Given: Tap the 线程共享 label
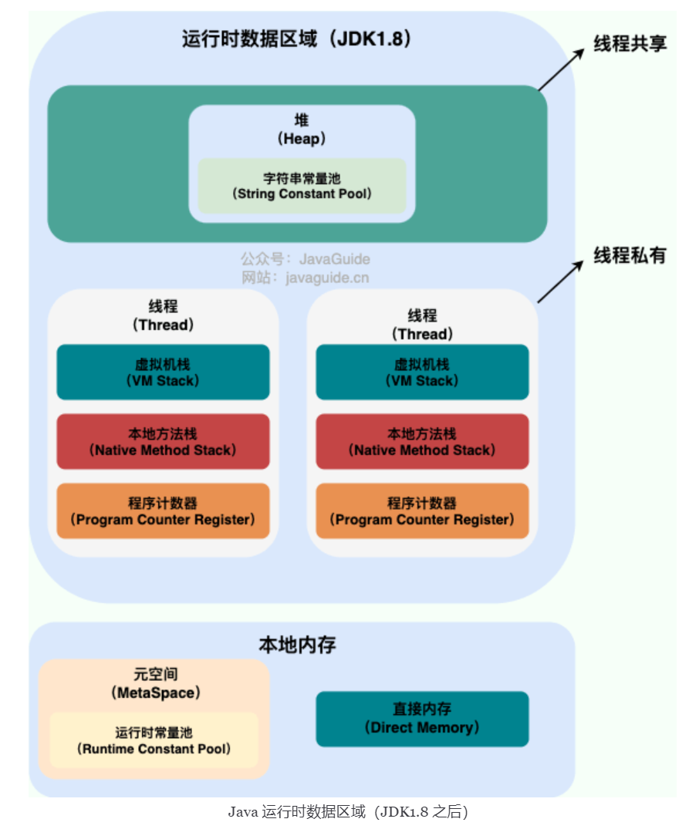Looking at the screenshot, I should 630,43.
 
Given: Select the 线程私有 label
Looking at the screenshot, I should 630,256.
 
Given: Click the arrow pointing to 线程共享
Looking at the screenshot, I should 562,68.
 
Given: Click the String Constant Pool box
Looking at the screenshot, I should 302,186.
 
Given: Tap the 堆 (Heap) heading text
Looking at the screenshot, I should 302,130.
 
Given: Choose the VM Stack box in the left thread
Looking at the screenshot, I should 163,372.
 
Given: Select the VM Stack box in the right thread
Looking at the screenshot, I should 422,372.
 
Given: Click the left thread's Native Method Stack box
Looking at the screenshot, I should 163,441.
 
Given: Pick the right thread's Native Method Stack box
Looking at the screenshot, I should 422,441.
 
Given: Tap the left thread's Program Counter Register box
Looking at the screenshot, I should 163,511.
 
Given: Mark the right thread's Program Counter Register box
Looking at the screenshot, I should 422,511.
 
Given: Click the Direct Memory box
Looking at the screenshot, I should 422,719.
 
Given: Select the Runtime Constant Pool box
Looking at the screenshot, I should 154,740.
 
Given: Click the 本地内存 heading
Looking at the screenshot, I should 297,645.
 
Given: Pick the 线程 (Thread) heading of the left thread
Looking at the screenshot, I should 163,315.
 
